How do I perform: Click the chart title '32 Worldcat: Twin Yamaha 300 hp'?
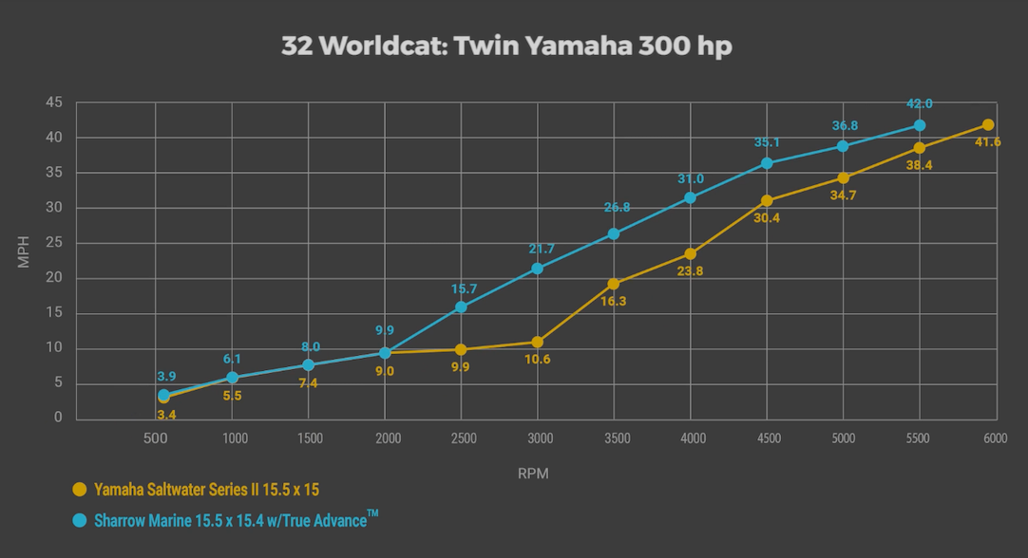coord(506,46)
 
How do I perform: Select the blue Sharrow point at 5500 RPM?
coord(920,125)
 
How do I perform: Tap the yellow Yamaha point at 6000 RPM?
coord(988,124)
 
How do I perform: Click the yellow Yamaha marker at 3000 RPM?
coord(538,342)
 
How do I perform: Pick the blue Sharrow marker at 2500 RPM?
coord(461,307)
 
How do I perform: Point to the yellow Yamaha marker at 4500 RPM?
coord(767,200)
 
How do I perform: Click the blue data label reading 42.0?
coord(920,104)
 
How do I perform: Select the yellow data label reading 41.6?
coord(988,142)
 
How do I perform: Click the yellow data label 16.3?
coord(614,301)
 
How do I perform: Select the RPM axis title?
coord(534,472)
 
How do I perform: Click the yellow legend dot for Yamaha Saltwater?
coord(80,490)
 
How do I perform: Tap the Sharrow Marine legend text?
coord(228,519)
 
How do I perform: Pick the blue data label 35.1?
coord(767,143)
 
